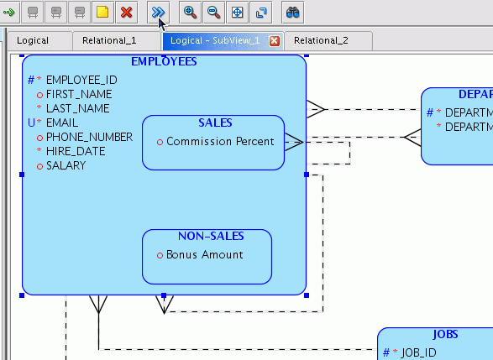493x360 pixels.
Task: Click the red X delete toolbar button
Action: point(127,12)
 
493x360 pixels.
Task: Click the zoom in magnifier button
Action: point(191,12)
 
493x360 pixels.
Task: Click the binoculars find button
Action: point(293,12)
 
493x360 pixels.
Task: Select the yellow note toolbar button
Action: point(103,12)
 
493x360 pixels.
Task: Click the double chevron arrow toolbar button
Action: point(157,12)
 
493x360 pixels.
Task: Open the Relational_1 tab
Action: point(109,40)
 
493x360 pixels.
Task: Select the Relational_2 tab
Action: point(321,40)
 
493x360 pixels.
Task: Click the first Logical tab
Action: point(33,40)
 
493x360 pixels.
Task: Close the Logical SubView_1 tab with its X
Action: point(274,40)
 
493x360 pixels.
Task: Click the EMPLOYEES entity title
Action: point(164,62)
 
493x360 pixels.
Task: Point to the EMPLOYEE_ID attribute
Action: point(81,80)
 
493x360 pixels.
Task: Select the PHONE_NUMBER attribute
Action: point(89,137)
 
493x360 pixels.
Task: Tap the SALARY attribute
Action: point(66,165)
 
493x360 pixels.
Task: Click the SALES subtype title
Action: point(214,123)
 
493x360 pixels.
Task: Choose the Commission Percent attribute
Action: point(220,141)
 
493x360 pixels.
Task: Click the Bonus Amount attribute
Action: point(204,254)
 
